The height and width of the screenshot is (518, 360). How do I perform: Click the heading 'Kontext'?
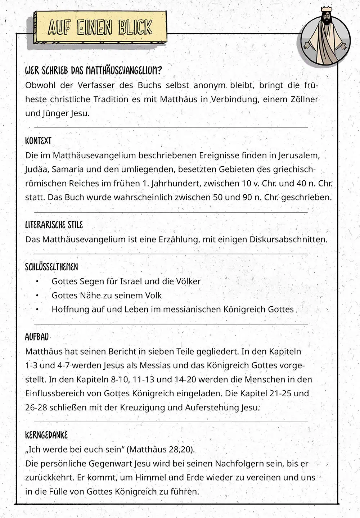[x=38, y=141]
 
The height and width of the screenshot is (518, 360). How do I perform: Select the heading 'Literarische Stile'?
[x=54, y=225]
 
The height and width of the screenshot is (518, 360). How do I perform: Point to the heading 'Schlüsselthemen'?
[x=51, y=267]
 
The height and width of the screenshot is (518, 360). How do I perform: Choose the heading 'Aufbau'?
[x=37, y=337]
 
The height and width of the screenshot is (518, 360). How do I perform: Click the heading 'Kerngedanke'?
[x=46, y=435]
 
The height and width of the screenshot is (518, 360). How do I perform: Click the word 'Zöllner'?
[x=304, y=99]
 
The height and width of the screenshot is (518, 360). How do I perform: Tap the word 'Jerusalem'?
[x=298, y=156]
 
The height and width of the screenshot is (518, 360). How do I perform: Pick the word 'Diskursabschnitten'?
[x=288, y=239]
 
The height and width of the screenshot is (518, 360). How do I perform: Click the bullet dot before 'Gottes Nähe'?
[x=37, y=296]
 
